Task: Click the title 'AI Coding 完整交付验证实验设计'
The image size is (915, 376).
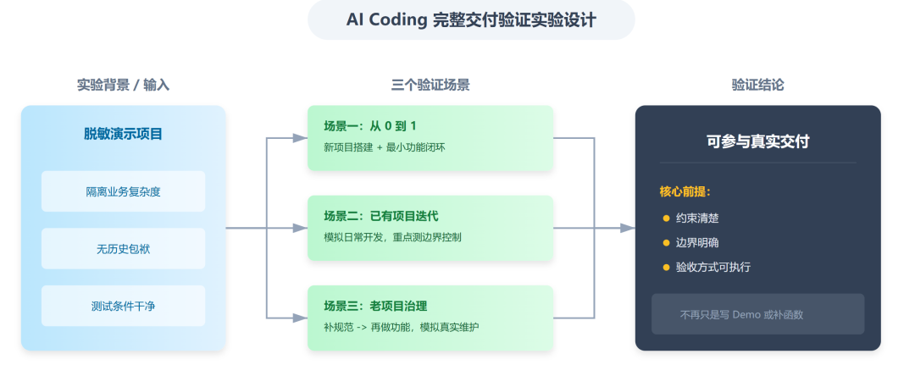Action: coord(471,20)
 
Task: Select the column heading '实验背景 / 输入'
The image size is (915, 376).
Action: coord(123,85)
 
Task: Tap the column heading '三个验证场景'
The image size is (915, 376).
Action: coord(430,85)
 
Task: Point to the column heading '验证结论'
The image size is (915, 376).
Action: coord(757,85)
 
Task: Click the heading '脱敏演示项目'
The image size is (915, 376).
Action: coord(123,134)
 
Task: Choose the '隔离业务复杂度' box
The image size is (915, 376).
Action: coord(123,191)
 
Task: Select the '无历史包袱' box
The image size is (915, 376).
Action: coord(123,249)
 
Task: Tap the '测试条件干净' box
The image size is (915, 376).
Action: coord(123,306)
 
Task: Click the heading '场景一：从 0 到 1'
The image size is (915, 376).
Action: coord(370,126)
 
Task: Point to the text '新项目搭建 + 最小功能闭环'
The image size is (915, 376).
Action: coord(385,147)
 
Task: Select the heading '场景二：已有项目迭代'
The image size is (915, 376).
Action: coord(381,216)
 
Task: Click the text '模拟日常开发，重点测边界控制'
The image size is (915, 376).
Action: coord(392,237)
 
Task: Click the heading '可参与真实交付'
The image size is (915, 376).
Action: coord(757,141)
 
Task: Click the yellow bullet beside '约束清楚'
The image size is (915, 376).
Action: coord(666,218)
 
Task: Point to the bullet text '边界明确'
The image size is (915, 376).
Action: coord(697,243)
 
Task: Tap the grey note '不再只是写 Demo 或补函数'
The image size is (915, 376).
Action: coord(741,314)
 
